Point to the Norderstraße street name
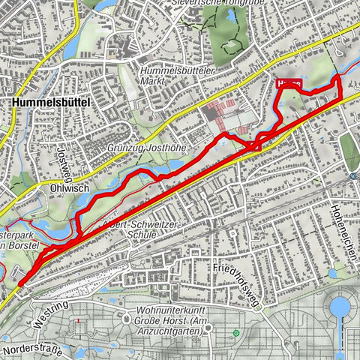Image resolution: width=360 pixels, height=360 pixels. coord(29,349)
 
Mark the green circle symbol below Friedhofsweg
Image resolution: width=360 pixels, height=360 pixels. coord(236,332)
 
